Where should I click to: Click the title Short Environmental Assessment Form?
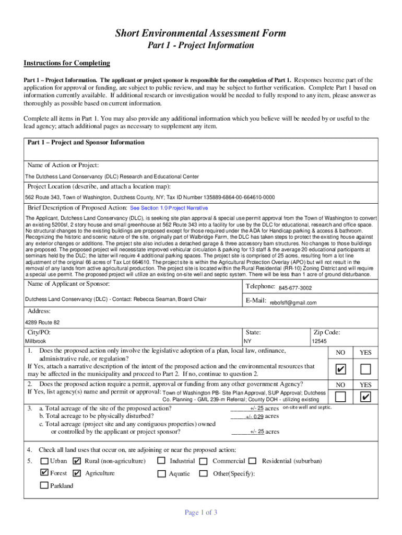[200, 33]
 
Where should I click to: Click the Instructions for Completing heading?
[67, 63]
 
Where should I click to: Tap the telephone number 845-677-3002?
[295, 288]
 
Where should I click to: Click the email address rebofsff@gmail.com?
[293, 303]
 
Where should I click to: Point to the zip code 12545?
[319, 341]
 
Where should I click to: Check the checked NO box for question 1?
[340, 370]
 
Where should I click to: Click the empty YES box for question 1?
[365, 370]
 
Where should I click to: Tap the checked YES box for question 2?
[365, 398]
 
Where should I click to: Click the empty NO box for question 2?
[340, 398]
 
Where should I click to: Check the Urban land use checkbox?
[44, 461]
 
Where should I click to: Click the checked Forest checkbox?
[44, 473]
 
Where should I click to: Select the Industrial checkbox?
[161, 461]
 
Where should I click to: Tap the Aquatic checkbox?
[161, 474]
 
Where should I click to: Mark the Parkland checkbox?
[44, 485]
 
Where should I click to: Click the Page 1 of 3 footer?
[201, 513]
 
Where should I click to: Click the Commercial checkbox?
[203, 461]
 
